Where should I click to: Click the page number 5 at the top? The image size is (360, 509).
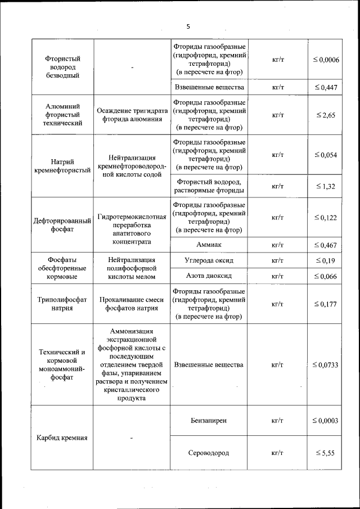point(188,26)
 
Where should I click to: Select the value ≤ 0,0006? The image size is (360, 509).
point(326,60)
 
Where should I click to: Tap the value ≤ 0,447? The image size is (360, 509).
point(326,87)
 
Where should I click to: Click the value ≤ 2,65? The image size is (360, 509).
point(326,115)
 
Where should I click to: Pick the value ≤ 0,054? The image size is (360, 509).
point(326,155)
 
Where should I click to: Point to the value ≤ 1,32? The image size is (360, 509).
point(326,186)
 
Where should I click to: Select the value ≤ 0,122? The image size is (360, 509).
point(326,218)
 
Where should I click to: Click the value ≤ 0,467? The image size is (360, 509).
point(326,245)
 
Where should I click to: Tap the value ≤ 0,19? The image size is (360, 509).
point(326,261)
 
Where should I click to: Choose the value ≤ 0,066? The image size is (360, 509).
point(326,276)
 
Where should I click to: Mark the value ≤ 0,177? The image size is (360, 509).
point(326,304)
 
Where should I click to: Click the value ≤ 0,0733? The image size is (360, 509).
point(326,365)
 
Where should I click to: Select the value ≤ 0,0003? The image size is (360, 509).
point(326,421)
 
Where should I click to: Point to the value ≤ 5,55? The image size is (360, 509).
point(326,453)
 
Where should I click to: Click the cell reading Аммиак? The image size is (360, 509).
point(209,245)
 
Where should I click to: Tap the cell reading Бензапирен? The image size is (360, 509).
point(209,421)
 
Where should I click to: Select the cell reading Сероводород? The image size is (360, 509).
point(209,453)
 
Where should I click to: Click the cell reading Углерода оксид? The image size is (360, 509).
point(209,261)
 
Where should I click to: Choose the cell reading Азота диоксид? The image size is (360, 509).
point(209,276)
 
